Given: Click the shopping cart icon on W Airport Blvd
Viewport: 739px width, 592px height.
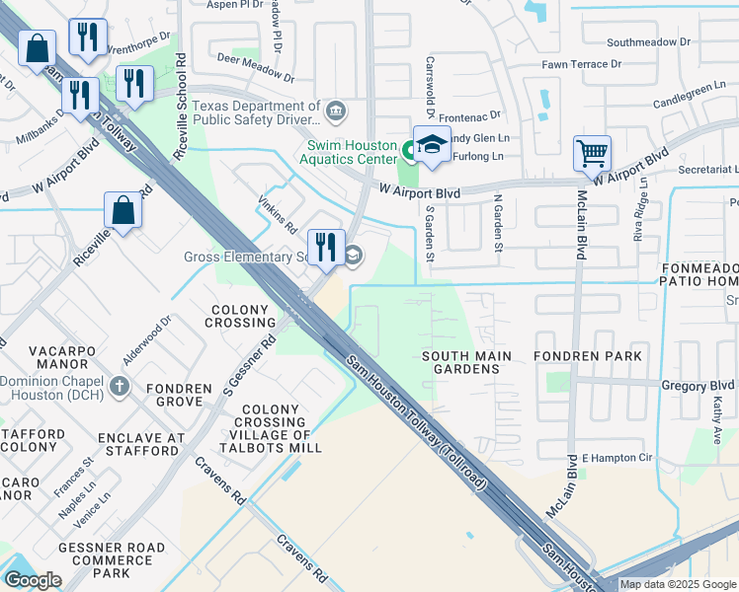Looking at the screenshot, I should pyautogui.click(x=592, y=154).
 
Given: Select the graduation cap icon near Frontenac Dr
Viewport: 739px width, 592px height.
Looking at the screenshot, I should pyautogui.click(x=432, y=144).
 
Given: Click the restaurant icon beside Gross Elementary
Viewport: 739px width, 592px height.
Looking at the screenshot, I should pyautogui.click(x=323, y=248).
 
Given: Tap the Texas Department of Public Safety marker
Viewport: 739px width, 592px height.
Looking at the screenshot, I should pyautogui.click(x=335, y=109).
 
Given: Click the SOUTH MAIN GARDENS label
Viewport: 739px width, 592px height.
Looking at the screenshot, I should pyautogui.click(x=466, y=362).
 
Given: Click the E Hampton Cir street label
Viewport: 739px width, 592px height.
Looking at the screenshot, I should pyautogui.click(x=617, y=458).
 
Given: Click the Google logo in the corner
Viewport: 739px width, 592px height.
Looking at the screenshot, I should pyautogui.click(x=33, y=580).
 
